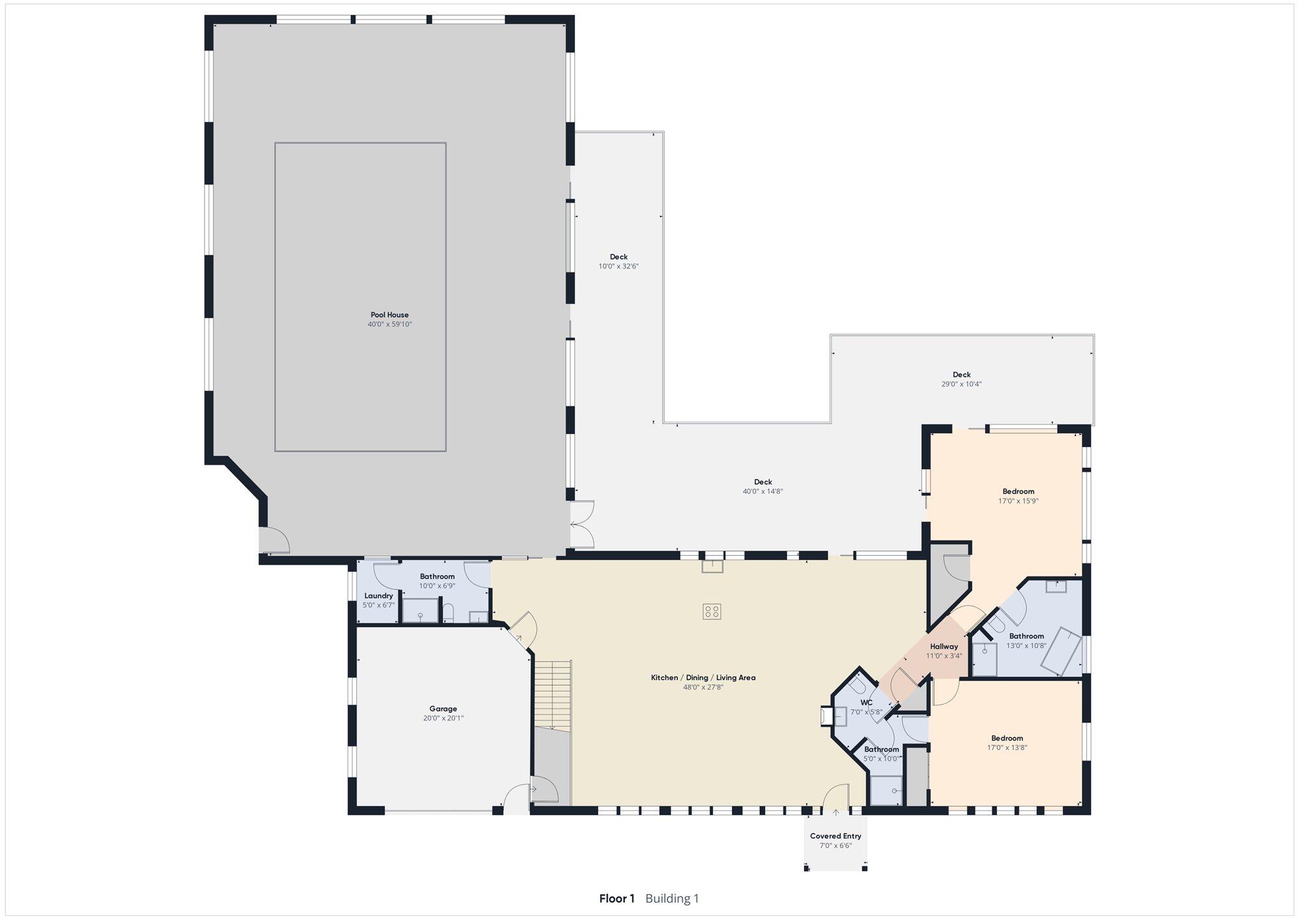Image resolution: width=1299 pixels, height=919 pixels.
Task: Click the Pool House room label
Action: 390,315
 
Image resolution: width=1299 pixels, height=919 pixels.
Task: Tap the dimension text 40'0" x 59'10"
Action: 390,324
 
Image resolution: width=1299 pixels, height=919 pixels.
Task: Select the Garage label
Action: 443,709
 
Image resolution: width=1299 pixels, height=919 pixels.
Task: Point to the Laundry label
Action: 379,596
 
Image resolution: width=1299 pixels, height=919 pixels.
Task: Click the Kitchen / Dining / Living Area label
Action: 703,678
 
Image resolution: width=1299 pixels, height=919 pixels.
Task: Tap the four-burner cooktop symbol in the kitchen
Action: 712,611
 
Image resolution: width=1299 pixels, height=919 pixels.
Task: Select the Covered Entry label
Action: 835,836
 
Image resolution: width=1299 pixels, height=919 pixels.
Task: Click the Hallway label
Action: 944,647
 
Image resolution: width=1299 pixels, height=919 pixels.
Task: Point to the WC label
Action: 866,703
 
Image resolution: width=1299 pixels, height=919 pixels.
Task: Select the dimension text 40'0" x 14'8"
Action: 763,492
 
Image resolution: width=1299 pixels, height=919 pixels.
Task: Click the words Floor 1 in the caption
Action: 617,899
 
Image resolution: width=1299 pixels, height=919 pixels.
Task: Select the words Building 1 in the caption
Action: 672,899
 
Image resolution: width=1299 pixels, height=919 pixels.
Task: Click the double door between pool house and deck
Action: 583,524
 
